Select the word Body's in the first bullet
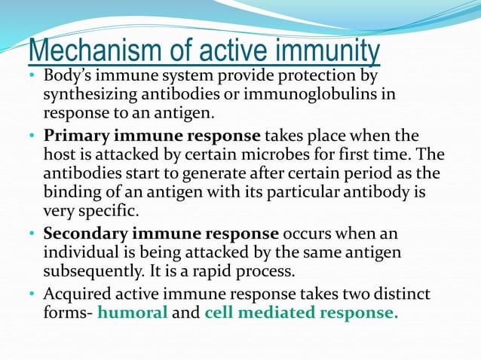point(67,77)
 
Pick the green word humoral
point(133,313)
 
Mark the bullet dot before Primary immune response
point(33,137)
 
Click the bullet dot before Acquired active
point(33,295)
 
